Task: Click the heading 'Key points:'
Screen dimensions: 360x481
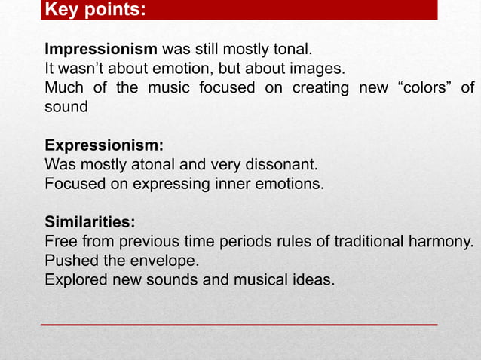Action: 95,11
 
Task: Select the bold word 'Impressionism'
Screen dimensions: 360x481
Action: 101,50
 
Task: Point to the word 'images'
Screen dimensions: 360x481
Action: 317,69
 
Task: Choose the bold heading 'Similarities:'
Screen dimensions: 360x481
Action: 90,222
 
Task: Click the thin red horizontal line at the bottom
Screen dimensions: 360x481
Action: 239,324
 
